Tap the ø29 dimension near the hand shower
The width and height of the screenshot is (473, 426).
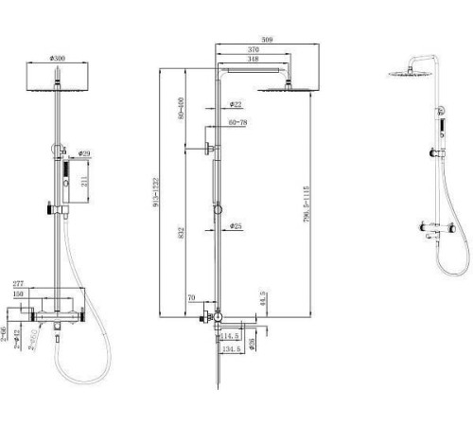pos(83,152)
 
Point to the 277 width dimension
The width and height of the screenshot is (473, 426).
pos(17,284)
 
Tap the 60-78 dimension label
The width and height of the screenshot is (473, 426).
pos(236,122)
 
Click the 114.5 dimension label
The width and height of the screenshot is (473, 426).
pos(231,335)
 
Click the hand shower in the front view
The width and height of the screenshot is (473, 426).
pos(66,181)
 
